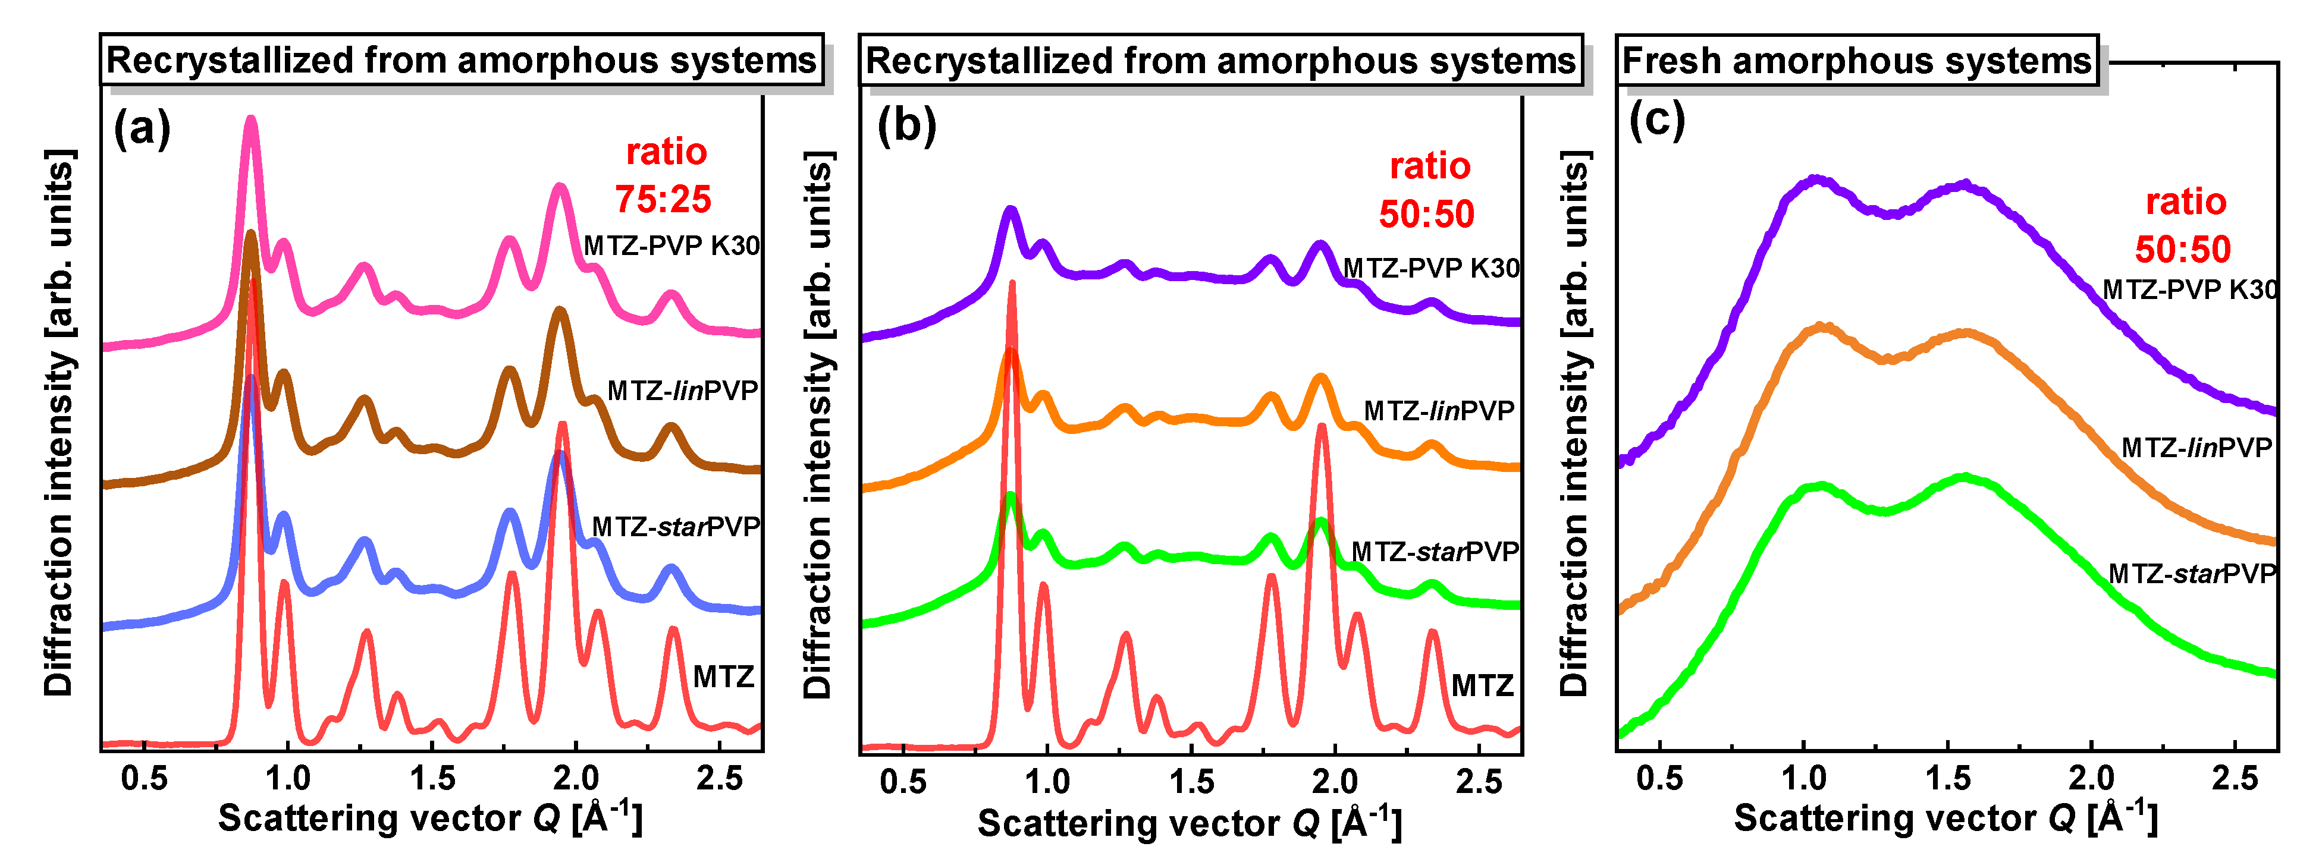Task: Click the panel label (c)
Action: tap(1657, 119)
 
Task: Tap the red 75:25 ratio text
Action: tap(663, 199)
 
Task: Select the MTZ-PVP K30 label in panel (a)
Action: tap(671, 245)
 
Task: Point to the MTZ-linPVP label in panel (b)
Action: tap(1439, 411)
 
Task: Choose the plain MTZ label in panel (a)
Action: tap(723, 676)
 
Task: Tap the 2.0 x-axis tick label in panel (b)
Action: tap(1335, 782)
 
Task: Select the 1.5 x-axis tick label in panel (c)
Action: tap(1947, 779)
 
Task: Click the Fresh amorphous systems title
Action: tap(1856, 61)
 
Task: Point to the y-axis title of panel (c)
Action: tap(1576, 423)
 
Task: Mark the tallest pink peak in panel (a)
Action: tap(252, 120)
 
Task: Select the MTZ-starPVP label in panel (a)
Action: tap(676, 527)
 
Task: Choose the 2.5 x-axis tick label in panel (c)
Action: tap(2235, 779)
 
